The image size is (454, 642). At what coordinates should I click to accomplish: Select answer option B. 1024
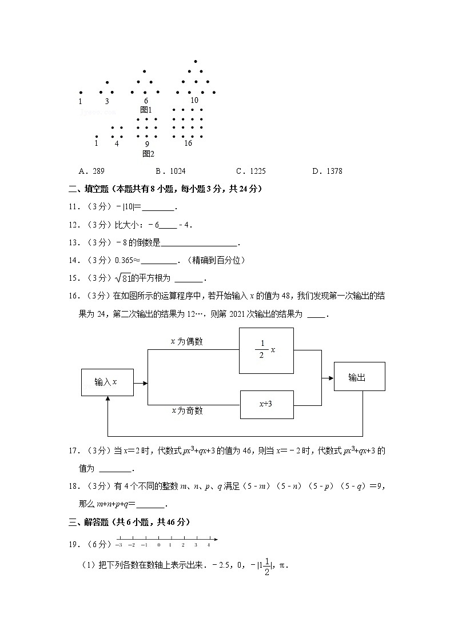[x=170, y=171]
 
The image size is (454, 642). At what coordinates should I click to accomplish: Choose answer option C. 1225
[x=250, y=171]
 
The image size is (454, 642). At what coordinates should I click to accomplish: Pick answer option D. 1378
[x=327, y=171]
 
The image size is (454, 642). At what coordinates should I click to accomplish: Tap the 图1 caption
[x=146, y=109]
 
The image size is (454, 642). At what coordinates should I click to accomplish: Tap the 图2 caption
[x=148, y=153]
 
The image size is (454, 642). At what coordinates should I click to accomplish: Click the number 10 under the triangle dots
[x=194, y=100]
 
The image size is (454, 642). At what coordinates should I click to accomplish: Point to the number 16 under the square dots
[x=188, y=143]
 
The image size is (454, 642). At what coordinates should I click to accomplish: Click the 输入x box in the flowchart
[x=107, y=382]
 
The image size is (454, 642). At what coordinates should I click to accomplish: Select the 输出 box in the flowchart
[x=359, y=377]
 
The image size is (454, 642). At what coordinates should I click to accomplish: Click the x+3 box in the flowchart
[x=266, y=404]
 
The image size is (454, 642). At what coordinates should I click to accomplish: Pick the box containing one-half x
[x=266, y=350]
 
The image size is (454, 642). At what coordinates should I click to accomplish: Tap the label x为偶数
[x=186, y=341]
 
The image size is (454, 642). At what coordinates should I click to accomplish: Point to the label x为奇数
[x=186, y=411]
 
